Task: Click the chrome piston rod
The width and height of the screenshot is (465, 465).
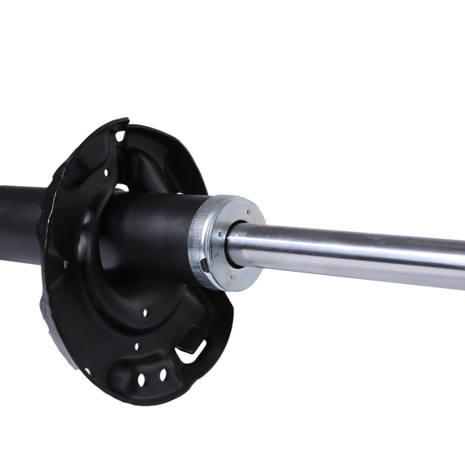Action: pyautogui.click(x=353, y=254)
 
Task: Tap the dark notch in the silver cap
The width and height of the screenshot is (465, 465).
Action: pyautogui.click(x=204, y=265)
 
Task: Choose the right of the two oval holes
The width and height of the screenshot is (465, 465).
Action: pyautogui.click(x=162, y=374)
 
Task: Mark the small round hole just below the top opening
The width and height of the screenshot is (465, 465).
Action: pyautogui.click(x=106, y=171)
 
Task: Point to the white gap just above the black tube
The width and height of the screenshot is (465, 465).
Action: pyautogui.click(x=122, y=188)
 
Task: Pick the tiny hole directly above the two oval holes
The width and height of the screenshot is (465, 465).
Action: pyautogui.click(x=135, y=346)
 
